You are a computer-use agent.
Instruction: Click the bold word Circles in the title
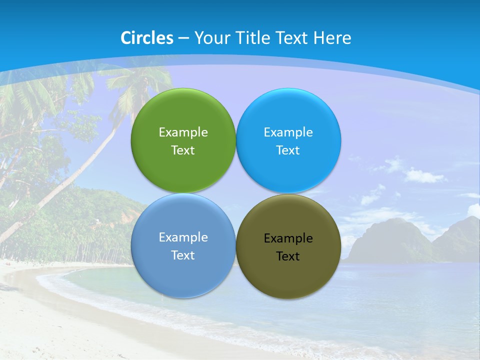click(x=147, y=38)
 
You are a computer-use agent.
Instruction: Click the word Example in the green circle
click(x=183, y=132)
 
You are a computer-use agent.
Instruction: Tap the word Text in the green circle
click(x=183, y=150)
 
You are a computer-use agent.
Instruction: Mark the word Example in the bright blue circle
click(x=288, y=132)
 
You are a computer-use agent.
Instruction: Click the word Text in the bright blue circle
click(x=288, y=150)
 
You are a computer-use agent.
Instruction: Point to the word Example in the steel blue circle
click(x=183, y=237)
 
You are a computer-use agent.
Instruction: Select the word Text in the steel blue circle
click(x=183, y=255)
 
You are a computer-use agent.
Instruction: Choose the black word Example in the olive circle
click(x=288, y=238)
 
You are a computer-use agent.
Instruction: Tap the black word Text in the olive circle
click(x=288, y=256)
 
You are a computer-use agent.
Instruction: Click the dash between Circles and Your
click(x=183, y=38)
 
